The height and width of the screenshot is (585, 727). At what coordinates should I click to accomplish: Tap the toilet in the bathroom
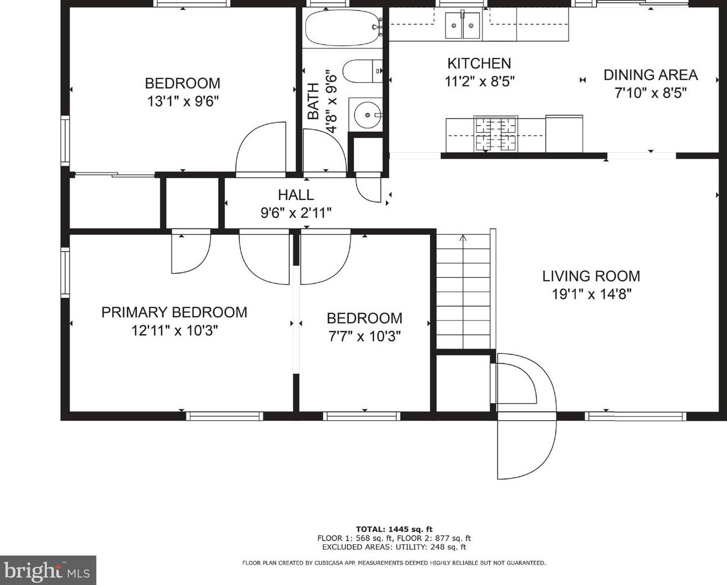(363, 71)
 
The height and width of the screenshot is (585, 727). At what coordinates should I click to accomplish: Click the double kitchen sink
(463, 25)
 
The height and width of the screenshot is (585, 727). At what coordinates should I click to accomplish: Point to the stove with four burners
(496, 133)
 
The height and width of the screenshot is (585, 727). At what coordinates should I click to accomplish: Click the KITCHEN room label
(479, 63)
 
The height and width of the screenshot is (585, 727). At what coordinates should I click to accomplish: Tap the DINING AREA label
(650, 75)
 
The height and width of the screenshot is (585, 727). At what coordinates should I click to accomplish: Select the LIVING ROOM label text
(591, 276)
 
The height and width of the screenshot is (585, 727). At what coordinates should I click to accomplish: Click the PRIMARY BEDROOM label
(174, 312)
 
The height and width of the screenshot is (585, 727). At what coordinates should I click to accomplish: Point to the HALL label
(296, 195)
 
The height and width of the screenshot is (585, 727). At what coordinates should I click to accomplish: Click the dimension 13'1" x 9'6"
(183, 101)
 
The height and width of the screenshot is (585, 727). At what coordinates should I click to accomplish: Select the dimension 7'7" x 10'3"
(364, 336)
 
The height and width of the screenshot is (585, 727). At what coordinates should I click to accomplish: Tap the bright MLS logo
(48, 571)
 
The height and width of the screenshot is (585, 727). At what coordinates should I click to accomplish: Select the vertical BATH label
(313, 101)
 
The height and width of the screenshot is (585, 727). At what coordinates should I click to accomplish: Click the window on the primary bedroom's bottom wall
(225, 416)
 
